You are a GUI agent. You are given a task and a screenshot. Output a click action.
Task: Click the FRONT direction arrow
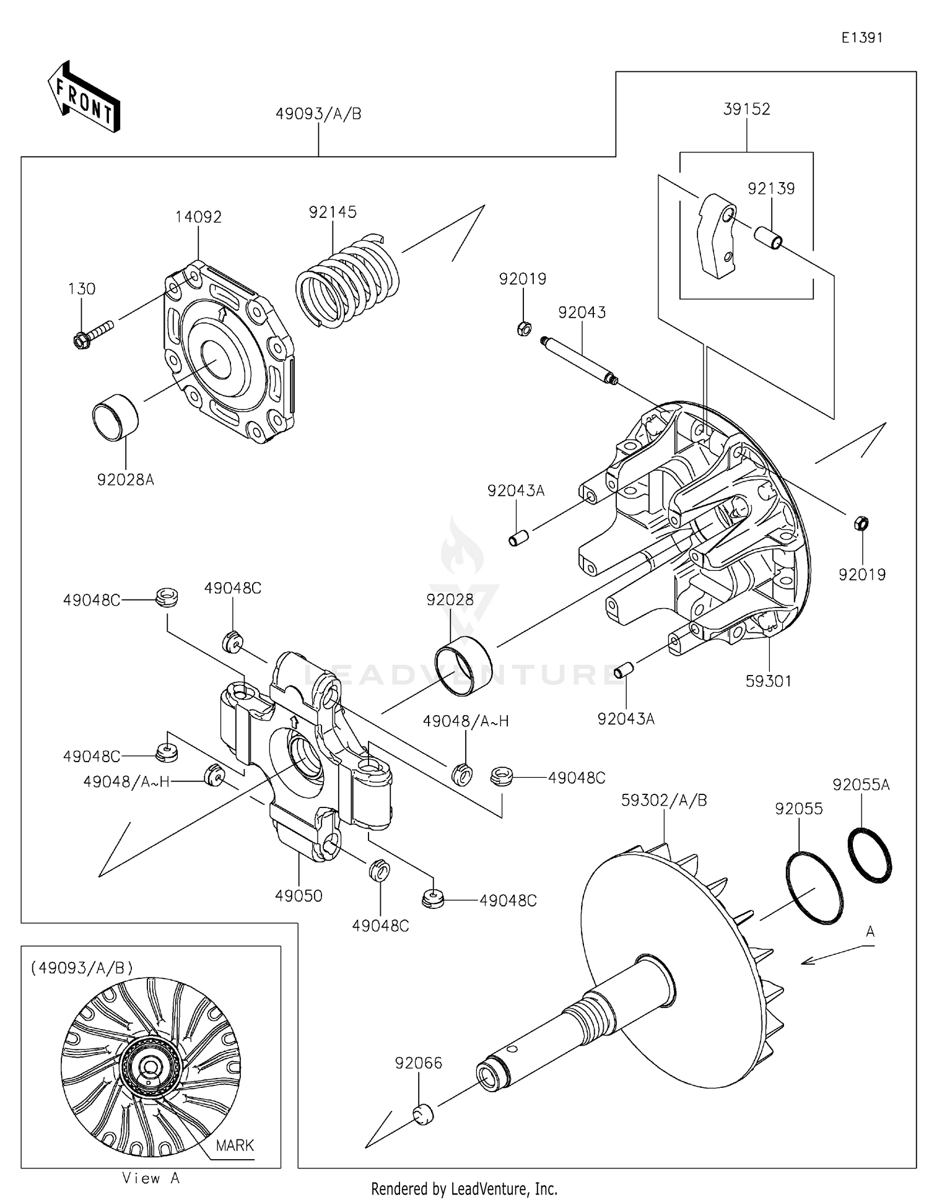[x=84, y=98]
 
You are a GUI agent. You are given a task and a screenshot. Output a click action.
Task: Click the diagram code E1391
[x=861, y=38]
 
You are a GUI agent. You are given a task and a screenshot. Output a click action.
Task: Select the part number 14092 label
[x=198, y=217]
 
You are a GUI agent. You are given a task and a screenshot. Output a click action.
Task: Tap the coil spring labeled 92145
[x=347, y=282]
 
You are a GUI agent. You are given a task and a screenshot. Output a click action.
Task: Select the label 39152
[x=746, y=110]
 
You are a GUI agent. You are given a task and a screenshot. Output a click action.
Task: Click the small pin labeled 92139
[x=769, y=238]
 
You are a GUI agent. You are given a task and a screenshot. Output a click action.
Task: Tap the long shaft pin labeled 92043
[x=578, y=359]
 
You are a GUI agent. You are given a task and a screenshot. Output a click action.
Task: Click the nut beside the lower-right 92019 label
[x=861, y=523]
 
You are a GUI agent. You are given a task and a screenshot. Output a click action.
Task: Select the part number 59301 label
[x=768, y=681]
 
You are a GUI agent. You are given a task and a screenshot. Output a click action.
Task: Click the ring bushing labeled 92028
[x=464, y=666]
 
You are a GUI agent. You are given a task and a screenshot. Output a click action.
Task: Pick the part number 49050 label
[x=299, y=896]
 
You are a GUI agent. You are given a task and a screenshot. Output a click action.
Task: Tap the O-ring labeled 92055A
[x=869, y=854]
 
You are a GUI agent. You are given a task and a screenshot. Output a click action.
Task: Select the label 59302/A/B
[x=664, y=800]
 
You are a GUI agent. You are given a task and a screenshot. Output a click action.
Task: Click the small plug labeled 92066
[x=423, y=1114]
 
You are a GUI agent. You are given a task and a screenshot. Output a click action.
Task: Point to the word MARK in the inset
[x=235, y=1146]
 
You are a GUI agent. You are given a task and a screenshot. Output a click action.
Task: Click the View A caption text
[x=150, y=1178]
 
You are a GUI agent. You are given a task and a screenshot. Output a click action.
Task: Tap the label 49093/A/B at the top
[x=318, y=115]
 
